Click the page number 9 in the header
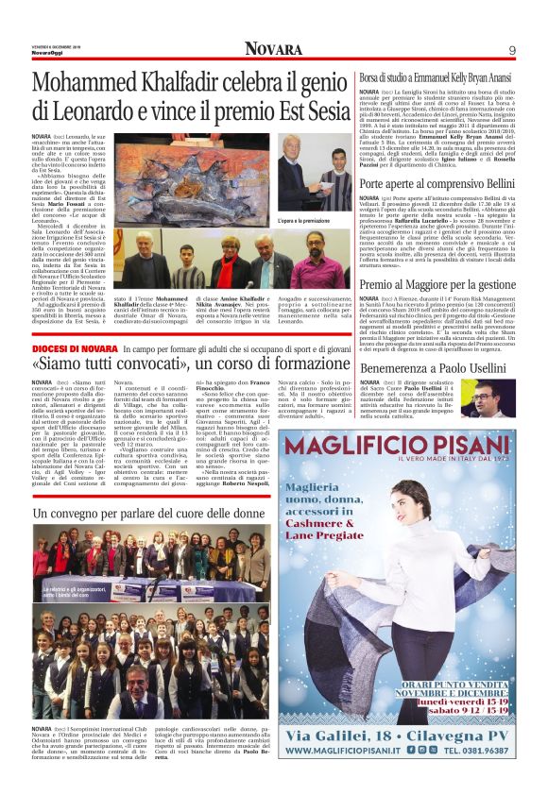point(511,50)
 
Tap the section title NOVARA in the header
point(274,49)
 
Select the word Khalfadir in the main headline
point(187,83)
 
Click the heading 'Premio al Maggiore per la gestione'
point(437,284)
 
